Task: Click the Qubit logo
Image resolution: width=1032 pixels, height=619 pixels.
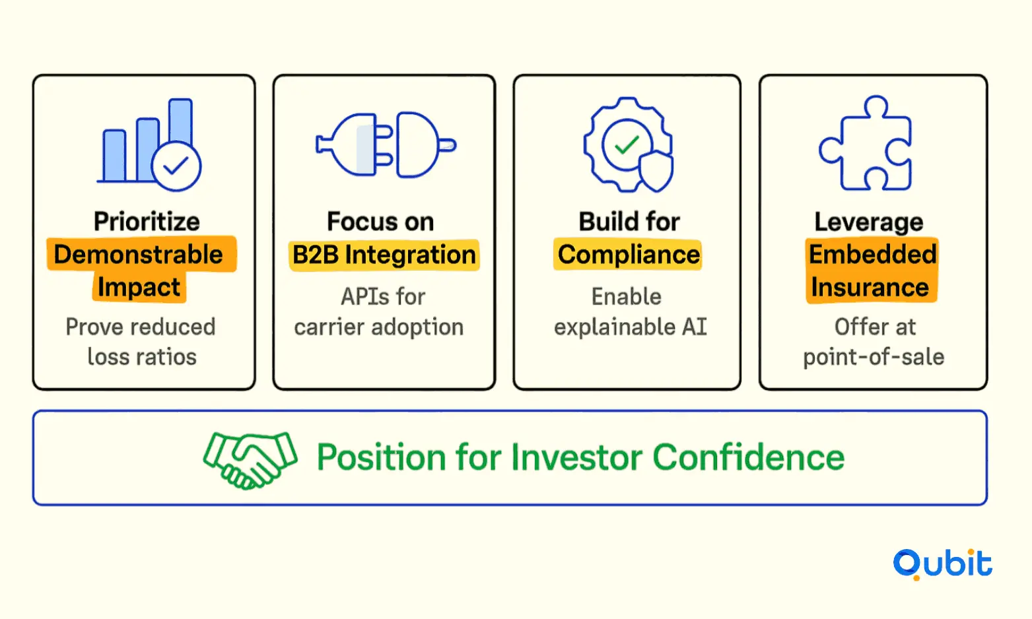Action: coord(943,564)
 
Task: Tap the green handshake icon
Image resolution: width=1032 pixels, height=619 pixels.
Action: coord(250,460)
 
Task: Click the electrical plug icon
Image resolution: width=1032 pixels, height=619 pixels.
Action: coord(386,145)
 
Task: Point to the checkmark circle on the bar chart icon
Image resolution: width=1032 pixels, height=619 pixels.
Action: coord(176,166)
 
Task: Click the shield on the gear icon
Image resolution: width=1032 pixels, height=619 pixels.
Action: coord(656,171)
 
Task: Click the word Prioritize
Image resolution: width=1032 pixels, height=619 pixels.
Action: coord(147,222)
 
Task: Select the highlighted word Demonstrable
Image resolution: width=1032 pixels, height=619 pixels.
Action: coord(139,254)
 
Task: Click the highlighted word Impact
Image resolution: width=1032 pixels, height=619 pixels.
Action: coord(139,288)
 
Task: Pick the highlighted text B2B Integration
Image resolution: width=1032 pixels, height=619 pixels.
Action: coord(384,255)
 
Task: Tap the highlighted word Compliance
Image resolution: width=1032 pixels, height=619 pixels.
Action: coord(629,255)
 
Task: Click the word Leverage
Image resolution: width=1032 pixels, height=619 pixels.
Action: coord(869,222)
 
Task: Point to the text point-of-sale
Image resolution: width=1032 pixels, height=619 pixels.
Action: coord(874,357)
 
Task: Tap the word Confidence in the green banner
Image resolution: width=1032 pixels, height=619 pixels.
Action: coord(749,457)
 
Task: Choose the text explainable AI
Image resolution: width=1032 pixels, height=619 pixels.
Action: coord(631,327)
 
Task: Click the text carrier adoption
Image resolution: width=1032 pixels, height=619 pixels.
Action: coord(379,327)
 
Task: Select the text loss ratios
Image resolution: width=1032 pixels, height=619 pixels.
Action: coord(142,357)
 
